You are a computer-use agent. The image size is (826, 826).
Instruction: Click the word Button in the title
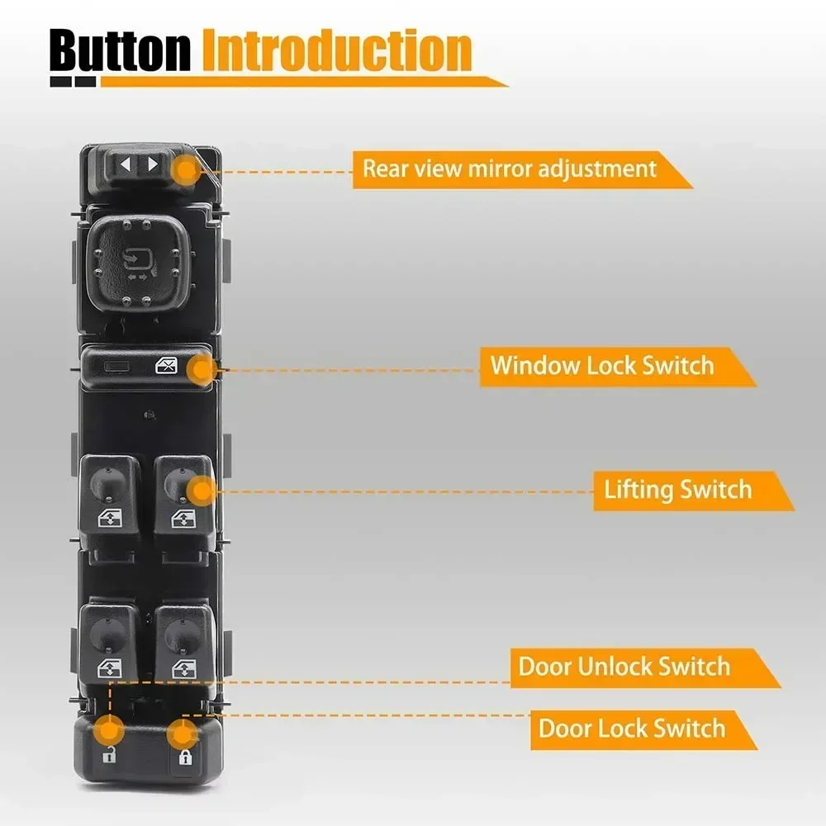120,51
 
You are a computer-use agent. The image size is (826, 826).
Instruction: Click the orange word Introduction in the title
337,51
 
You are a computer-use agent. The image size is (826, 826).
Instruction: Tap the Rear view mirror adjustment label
510,169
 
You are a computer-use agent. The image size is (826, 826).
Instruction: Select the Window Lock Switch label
602,365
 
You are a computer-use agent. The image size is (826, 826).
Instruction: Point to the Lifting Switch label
678,490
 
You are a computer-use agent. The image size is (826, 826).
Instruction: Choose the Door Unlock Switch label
624,667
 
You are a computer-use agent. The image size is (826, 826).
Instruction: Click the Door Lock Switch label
632,729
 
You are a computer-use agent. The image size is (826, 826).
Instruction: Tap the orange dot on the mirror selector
186,171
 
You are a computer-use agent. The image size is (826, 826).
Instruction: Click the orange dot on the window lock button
199,371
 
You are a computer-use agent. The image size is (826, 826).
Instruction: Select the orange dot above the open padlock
109,729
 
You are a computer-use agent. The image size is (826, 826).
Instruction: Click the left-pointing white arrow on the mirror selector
126,164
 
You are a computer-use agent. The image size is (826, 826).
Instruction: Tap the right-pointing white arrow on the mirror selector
151,164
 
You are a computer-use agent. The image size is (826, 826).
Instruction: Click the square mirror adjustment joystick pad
137,263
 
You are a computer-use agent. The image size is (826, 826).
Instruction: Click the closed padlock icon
184,757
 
